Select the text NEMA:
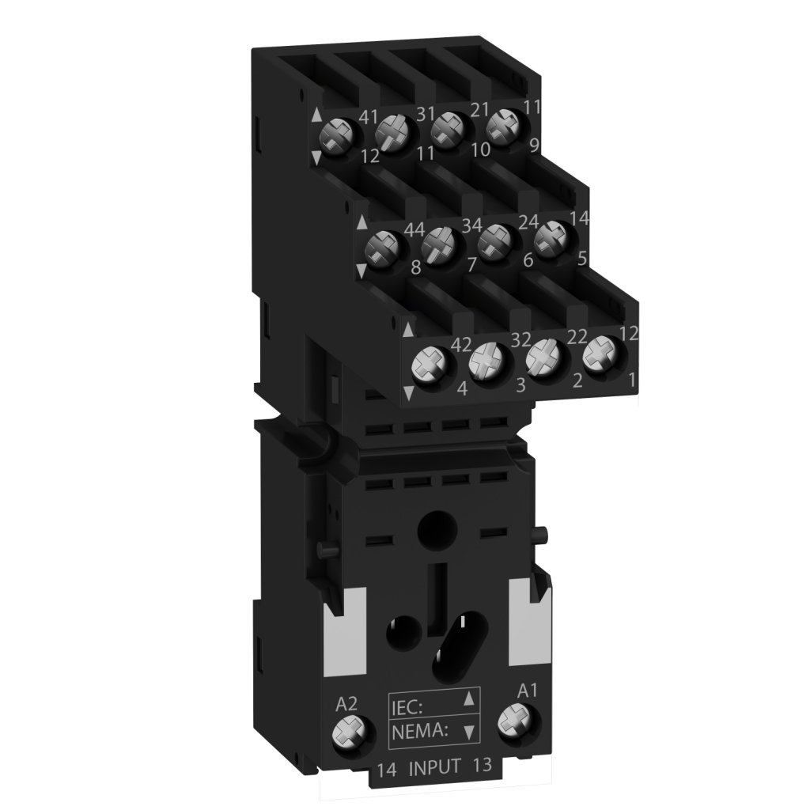tap(419, 731)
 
